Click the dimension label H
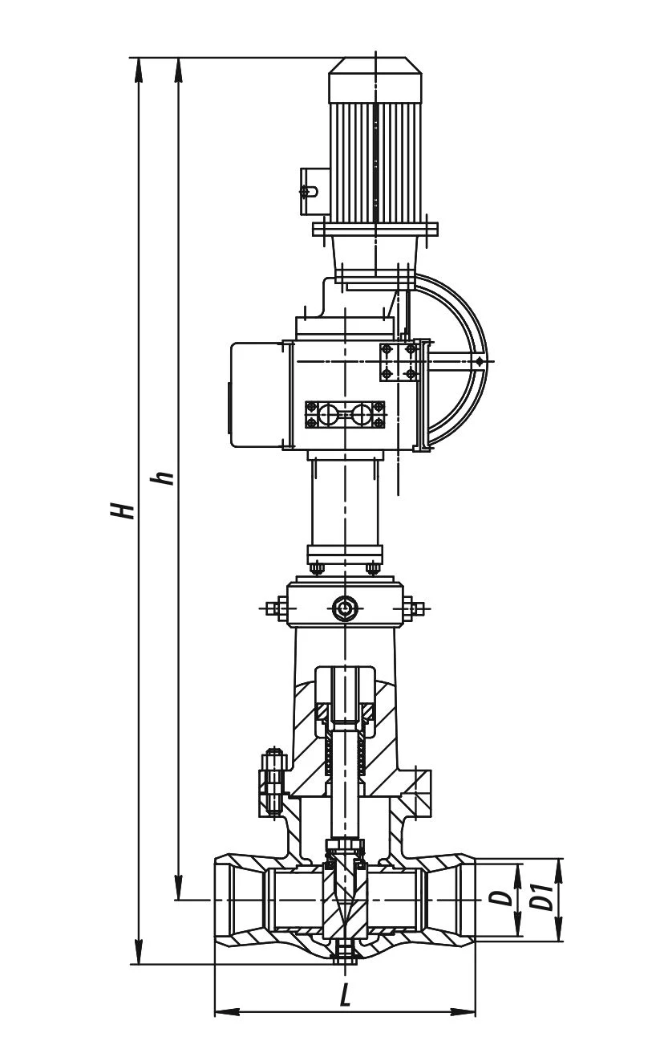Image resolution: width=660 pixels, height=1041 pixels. pyautogui.click(x=123, y=510)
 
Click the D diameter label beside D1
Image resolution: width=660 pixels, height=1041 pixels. pyautogui.click(x=503, y=898)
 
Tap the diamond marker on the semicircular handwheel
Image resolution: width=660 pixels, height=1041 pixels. pyautogui.click(x=479, y=362)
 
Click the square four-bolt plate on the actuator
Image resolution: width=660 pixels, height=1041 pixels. pyautogui.click(x=399, y=362)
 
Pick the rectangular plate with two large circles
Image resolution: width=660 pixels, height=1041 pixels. pyautogui.click(x=345, y=415)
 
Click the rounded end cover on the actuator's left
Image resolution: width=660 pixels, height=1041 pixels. pyautogui.click(x=255, y=395)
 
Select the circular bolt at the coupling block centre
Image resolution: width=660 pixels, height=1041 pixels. pyautogui.click(x=345, y=608)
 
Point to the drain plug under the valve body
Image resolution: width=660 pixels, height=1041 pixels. pyautogui.click(x=346, y=953)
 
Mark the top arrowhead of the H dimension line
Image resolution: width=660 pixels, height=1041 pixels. pyautogui.click(x=138, y=67)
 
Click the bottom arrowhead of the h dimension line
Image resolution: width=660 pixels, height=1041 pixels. pyautogui.click(x=178, y=891)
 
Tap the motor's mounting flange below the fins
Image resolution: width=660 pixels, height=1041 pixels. pyautogui.click(x=375, y=230)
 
